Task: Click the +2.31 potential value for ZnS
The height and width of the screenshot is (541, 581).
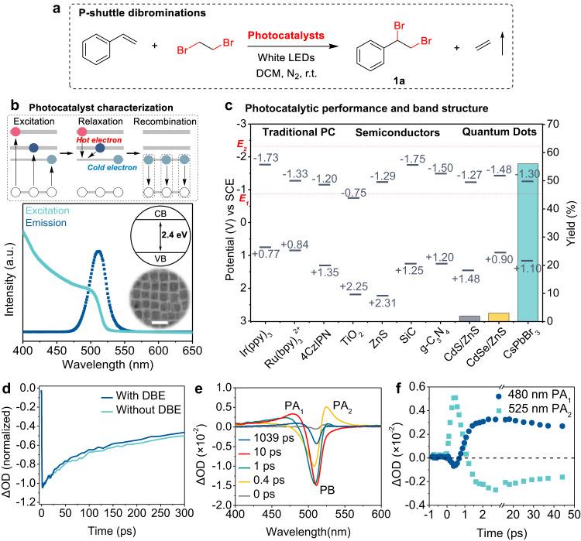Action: (379, 303)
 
